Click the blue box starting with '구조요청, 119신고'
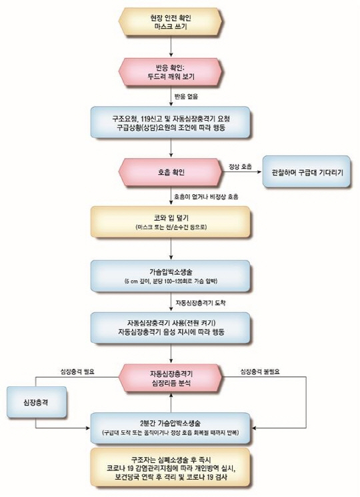[173, 122]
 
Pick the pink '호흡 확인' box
[172, 172]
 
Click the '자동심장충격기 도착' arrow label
[202, 302]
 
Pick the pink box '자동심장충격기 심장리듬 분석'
[173, 378]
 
